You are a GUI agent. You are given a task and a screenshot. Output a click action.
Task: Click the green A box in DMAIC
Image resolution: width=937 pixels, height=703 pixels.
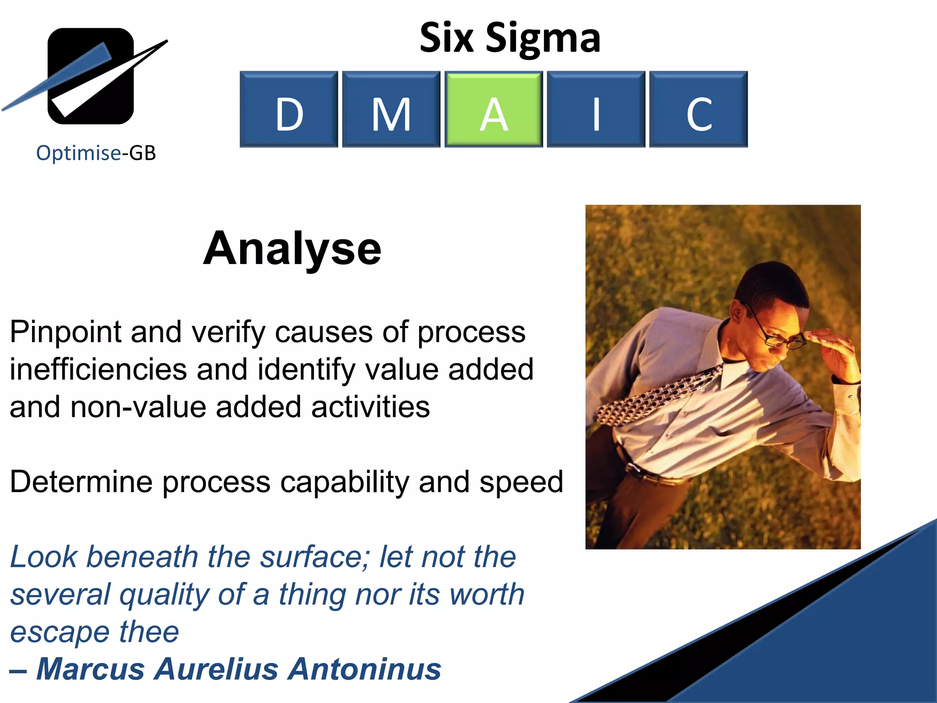(x=493, y=109)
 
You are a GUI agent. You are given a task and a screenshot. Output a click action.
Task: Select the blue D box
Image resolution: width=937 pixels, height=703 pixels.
(x=289, y=109)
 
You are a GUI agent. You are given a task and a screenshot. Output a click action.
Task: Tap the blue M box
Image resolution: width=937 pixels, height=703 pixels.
(x=391, y=109)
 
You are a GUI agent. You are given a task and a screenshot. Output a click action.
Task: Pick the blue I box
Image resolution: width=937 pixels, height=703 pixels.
(x=596, y=109)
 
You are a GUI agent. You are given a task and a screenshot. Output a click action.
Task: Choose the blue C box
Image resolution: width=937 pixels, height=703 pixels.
(x=698, y=109)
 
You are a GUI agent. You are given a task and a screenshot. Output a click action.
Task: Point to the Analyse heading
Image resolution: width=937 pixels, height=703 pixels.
(x=292, y=249)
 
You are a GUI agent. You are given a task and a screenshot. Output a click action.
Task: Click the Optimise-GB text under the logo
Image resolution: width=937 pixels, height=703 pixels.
(x=96, y=153)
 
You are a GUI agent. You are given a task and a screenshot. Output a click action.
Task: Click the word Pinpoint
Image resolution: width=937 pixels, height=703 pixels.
(x=65, y=332)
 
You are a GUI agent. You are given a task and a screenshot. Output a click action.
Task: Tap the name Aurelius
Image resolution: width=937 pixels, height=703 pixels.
(x=216, y=669)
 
